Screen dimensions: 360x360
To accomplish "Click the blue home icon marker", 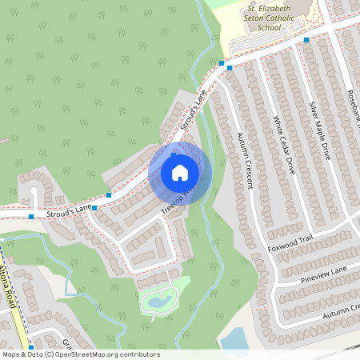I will click(x=180, y=172).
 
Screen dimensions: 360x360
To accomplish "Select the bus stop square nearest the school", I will click(x=306, y=38).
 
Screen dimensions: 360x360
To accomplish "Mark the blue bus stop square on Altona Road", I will click(x=30, y=348).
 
